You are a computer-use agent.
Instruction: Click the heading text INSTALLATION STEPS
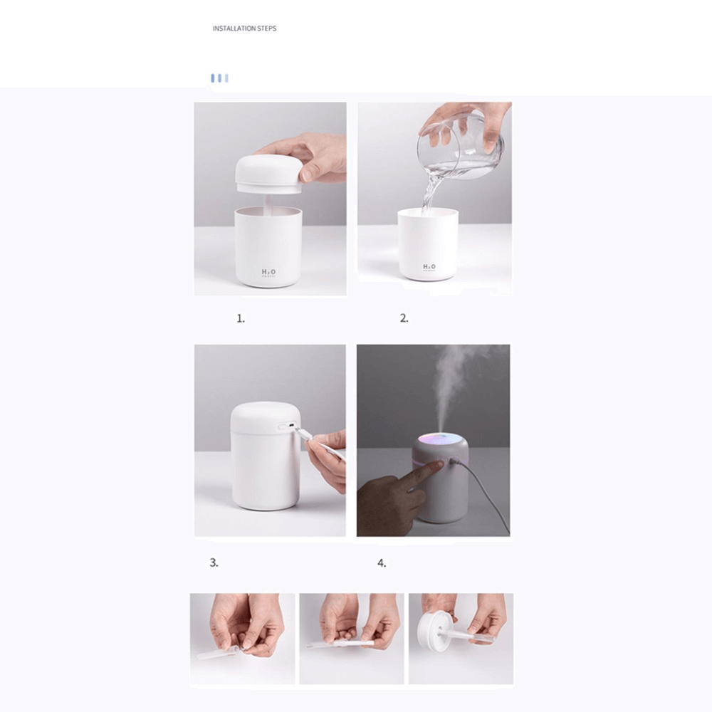[244, 28]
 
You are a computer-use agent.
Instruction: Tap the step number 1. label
[241, 319]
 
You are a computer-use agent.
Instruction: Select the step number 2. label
[404, 319]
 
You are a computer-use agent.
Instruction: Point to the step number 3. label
[214, 562]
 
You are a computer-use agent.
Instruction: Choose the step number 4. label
[382, 563]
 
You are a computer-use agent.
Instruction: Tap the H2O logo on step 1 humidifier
[268, 272]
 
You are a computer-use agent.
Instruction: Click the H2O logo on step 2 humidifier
[429, 267]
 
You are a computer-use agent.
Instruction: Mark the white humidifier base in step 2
[428, 246]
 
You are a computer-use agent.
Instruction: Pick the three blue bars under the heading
[219, 78]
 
